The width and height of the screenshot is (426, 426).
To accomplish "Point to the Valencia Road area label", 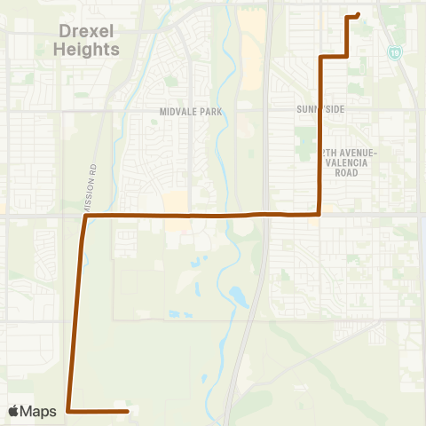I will [352, 163].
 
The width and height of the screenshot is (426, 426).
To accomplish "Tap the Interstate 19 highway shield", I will [394, 53].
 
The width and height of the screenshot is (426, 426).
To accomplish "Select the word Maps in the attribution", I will [40, 411].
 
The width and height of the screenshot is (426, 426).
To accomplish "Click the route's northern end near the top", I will [357, 14].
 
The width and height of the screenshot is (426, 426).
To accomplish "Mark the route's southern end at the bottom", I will [129, 411].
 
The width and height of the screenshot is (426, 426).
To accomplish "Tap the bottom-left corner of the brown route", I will [68, 411].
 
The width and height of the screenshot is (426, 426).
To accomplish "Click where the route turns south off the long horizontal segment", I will [85, 216].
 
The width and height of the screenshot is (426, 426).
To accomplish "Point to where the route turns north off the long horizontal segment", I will [319, 214].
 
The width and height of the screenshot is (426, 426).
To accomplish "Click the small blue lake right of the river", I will [238, 296].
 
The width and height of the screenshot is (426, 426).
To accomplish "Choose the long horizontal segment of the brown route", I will [204, 215].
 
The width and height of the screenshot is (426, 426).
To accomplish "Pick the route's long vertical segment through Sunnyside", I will [319, 133].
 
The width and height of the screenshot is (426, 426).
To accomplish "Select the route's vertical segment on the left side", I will [76, 311].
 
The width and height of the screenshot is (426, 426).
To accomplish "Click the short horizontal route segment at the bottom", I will [98, 411].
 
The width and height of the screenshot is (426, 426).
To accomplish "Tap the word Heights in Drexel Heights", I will [86, 50].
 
